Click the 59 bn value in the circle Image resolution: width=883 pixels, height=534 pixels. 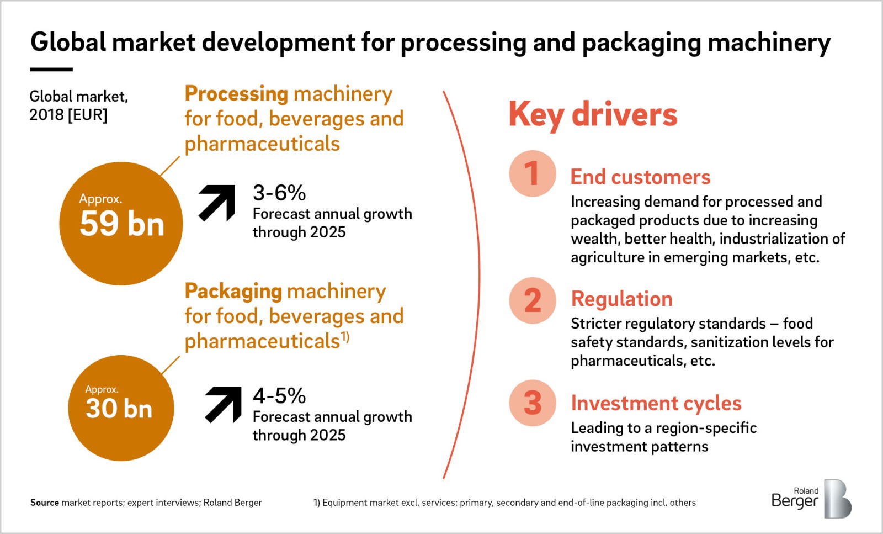(121, 224)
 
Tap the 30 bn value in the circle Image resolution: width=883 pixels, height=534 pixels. (119, 409)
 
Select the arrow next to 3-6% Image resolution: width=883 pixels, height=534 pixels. (217, 203)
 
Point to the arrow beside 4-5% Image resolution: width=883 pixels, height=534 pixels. (224, 405)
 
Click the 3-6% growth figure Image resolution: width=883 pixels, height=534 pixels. (279, 193)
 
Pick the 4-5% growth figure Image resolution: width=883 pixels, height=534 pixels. (279, 395)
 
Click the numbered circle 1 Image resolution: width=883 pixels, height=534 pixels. (533, 173)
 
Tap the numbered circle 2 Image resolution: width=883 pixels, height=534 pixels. (533, 300)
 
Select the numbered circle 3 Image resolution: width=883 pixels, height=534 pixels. (533, 403)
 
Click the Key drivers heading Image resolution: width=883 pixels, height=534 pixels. (593, 114)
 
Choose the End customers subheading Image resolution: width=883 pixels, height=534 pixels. (641, 177)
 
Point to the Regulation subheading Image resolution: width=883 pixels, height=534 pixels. (621, 299)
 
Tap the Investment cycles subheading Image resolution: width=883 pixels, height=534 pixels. (656, 403)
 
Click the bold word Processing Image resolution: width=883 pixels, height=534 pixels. (237, 94)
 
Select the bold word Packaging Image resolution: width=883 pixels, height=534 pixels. (233, 292)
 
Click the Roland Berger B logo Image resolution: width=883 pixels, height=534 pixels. (837, 499)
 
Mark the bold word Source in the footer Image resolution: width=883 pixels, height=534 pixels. (45, 503)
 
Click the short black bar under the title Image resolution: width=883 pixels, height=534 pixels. (51, 70)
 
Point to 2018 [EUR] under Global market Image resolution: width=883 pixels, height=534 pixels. (68, 115)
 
